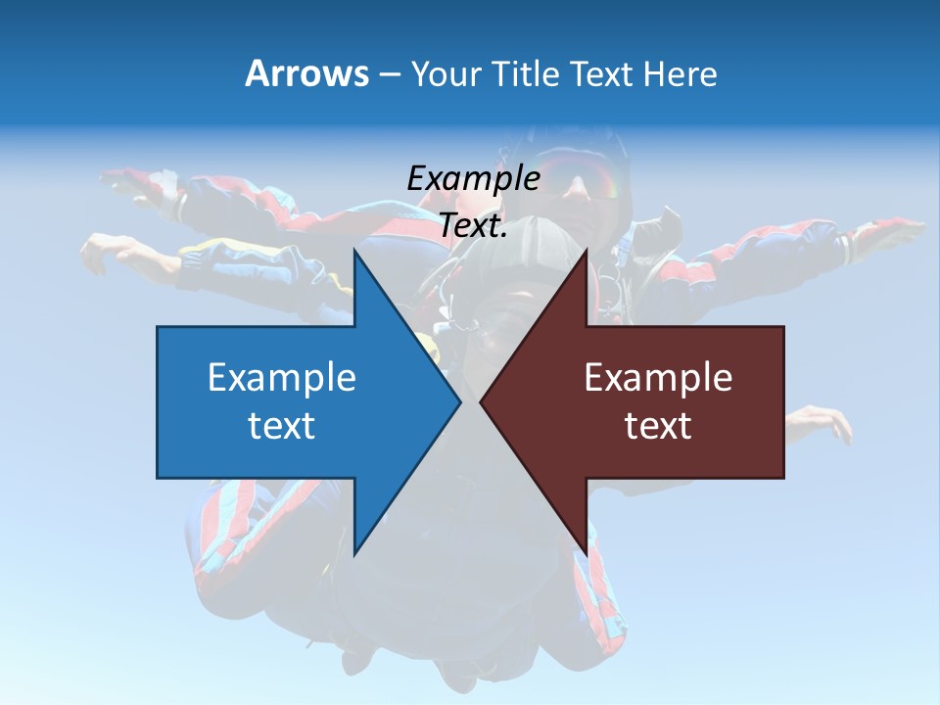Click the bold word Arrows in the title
click(x=307, y=73)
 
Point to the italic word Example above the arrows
click(x=473, y=178)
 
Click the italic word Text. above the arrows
click(x=473, y=226)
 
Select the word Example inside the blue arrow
click(x=282, y=377)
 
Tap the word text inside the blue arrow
click(x=282, y=425)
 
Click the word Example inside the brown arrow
click(x=658, y=377)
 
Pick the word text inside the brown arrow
click(x=658, y=425)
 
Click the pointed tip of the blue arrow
click(x=460, y=402)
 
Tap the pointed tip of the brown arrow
click(x=481, y=402)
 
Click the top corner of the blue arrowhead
click(x=354, y=252)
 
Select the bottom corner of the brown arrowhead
click(x=587, y=552)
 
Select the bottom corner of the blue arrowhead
click(x=354, y=552)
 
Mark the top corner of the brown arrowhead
click(x=587, y=252)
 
